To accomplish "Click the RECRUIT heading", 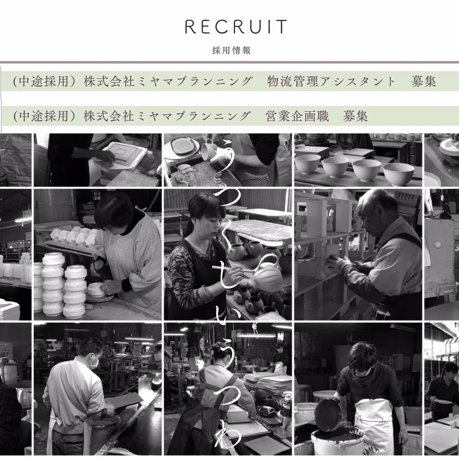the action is coord(236,27).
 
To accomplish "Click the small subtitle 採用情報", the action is coord(232,51).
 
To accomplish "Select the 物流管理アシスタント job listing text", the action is coord(331,81).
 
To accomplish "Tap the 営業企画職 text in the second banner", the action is coord(297,116).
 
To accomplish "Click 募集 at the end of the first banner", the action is coord(423,81).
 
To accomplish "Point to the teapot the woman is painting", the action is coord(264,274).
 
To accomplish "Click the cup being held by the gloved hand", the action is coord(209,151).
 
